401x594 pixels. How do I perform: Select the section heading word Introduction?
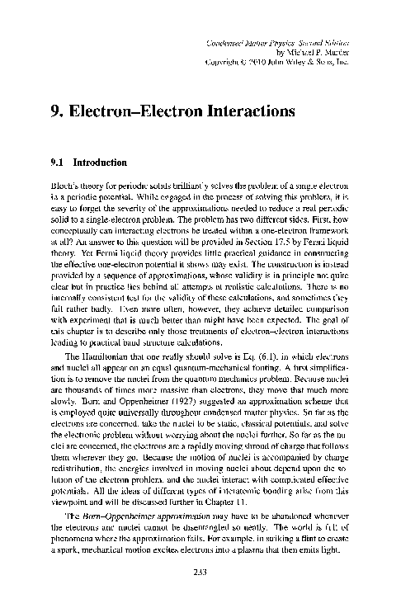point(103,163)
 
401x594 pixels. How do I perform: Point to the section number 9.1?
point(58,163)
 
